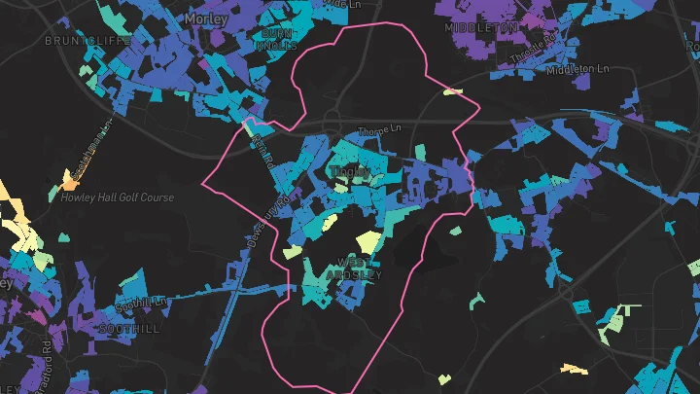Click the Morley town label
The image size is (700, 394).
coord(204,18)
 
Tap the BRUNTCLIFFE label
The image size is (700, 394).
coord(81,42)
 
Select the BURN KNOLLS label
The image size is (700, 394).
coord(274,39)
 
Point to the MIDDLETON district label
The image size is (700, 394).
coord(481,28)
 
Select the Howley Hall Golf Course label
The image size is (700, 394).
coord(118,197)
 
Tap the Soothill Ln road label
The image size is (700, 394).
coord(142,304)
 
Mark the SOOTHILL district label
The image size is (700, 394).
coord(128,329)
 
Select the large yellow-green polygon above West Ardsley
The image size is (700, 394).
coord(369,241)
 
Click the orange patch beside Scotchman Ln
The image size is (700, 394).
coord(69,181)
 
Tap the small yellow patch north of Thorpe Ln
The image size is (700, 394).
coord(452,92)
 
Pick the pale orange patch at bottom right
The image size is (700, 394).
coord(574,369)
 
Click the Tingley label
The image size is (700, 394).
coord(351,172)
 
